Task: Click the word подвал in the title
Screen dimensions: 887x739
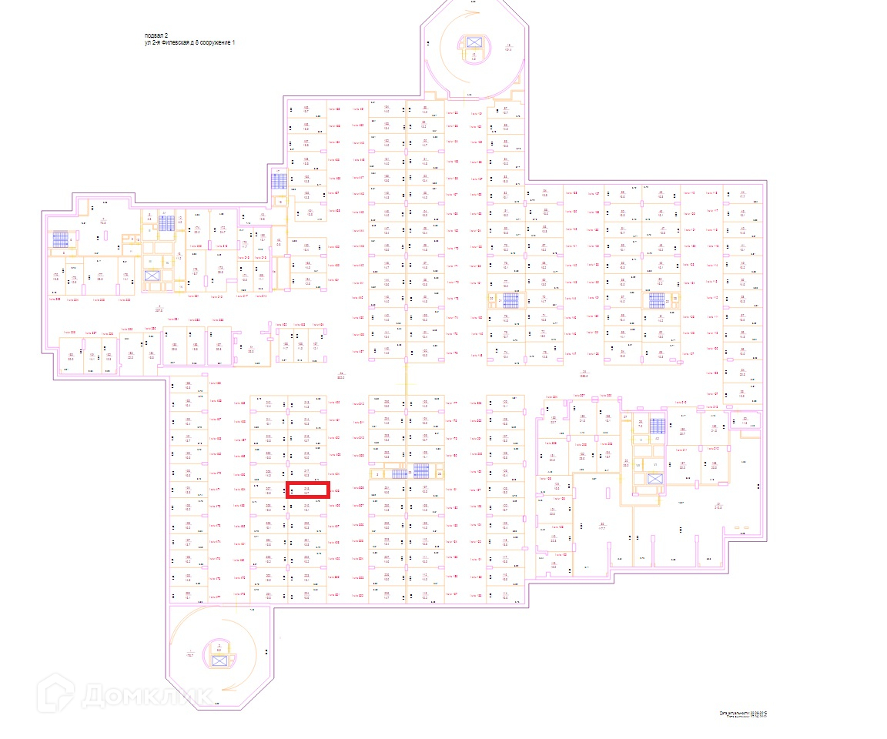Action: (x=153, y=35)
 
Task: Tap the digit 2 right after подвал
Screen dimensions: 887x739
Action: (x=166, y=35)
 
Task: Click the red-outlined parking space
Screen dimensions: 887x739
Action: (x=308, y=490)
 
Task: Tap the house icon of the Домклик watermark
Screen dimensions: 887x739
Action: (x=57, y=691)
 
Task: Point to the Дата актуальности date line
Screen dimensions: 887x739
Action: (x=743, y=714)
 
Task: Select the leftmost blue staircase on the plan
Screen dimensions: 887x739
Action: (x=60, y=239)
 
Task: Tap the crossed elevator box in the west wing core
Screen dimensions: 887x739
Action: (x=152, y=276)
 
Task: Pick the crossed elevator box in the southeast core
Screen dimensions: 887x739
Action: (x=654, y=479)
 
